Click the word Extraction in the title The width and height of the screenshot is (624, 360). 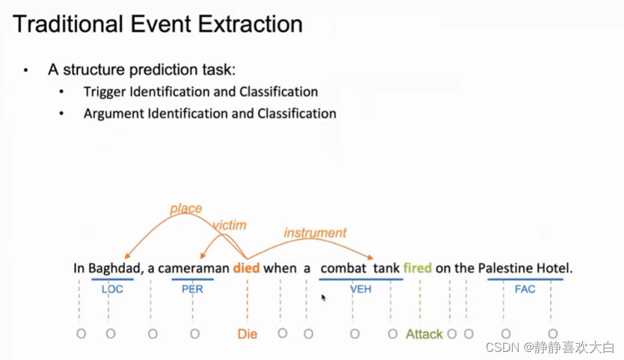tap(251, 24)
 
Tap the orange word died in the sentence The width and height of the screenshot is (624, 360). tap(246, 268)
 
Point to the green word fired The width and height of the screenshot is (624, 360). tap(418, 268)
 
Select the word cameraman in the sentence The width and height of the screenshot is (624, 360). tap(194, 268)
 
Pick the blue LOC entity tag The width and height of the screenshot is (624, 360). tap(112, 289)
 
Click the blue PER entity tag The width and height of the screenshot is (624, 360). tap(193, 289)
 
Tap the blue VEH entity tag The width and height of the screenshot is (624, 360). tap(361, 289)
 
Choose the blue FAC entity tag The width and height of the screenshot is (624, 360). tap(525, 289)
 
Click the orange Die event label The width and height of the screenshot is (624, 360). tap(247, 334)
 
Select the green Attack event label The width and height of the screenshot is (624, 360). tap(424, 334)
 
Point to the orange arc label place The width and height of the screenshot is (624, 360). tap(186, 209)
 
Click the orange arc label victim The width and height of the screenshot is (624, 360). tap(230, 225)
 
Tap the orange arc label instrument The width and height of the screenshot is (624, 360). tap(315, 232)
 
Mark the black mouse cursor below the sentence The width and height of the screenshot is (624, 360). tap(323, 298)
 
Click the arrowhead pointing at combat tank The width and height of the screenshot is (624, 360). tap(371, 257)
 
